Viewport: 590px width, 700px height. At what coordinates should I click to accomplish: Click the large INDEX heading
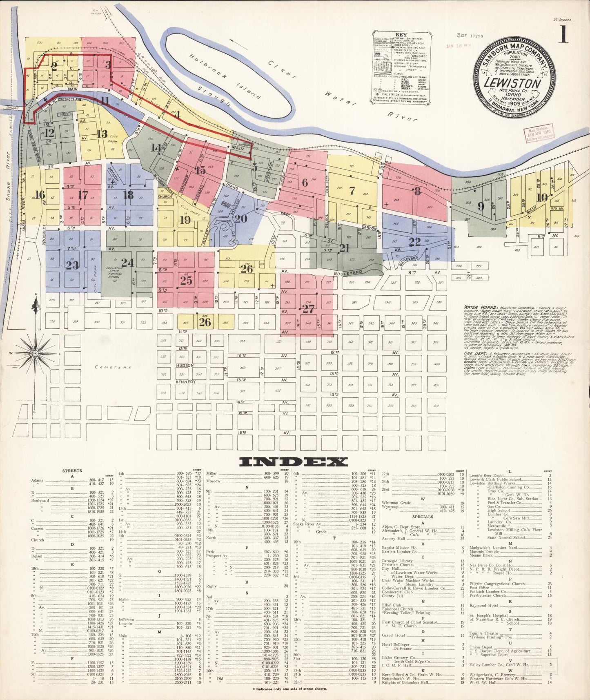293,461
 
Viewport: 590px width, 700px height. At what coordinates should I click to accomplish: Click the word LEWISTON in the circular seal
513,84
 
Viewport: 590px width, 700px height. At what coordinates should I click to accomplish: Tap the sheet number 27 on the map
308,309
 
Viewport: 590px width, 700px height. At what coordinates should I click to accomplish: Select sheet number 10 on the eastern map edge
542,197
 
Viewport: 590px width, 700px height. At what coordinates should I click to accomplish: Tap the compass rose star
36,352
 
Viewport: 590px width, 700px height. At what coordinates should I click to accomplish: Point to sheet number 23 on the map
72,265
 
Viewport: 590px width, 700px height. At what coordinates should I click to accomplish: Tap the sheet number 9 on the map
481,206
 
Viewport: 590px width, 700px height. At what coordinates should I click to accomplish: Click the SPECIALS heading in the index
423,517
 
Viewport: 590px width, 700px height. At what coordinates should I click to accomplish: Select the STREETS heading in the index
72,470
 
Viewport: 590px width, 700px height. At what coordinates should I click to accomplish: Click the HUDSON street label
185,366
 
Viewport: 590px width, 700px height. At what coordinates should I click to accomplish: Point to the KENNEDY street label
186,382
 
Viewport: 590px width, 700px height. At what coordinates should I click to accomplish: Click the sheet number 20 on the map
240,218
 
